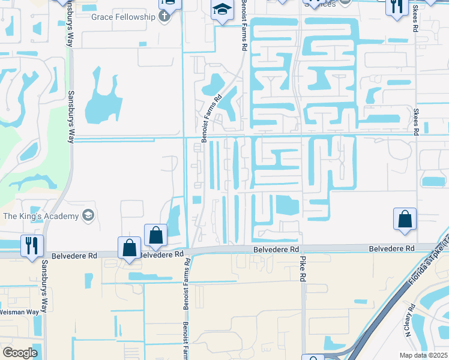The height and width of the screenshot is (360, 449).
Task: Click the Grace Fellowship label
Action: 124,16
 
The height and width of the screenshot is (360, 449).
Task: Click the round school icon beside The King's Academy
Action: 88,215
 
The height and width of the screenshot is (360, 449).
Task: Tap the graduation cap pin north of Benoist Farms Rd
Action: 221,11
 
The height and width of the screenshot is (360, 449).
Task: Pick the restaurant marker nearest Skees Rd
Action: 396,7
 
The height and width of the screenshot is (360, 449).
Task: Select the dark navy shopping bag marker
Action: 155,235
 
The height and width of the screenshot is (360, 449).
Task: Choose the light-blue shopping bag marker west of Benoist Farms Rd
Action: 130,247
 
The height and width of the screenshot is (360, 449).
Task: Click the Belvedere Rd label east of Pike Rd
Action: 391,248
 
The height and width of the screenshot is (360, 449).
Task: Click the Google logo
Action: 20,352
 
